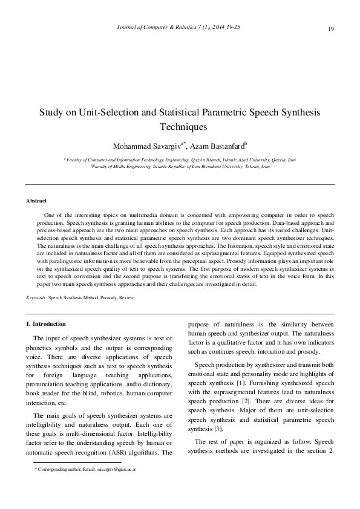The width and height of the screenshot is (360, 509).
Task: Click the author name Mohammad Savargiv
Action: (146, 146)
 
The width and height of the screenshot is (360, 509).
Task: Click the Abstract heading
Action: (36, 200)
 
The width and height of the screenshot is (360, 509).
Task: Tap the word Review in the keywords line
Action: (126, 298)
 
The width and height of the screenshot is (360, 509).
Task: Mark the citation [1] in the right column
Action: (240, 383)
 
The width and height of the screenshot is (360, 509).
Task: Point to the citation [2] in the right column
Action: (249, 402)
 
